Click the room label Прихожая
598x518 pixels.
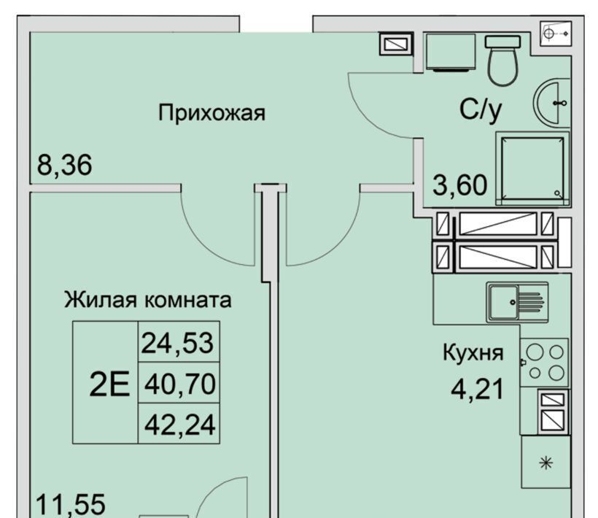211,113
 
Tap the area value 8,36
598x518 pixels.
64,165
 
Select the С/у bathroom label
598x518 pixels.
481,111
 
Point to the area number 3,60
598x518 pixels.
460,185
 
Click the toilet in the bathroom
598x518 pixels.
502,61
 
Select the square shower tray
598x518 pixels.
532,169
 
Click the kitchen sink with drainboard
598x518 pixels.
517,302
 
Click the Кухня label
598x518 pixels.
473,353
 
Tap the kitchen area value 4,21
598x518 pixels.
478,389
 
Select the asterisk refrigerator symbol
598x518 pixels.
546,463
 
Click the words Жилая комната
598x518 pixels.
147,300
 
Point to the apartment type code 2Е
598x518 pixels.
109,384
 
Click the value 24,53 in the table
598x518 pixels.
177,342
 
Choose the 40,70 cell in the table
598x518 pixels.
180,384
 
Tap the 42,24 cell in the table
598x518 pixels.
180,425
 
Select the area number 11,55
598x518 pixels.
71,504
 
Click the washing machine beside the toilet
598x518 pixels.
451,53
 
